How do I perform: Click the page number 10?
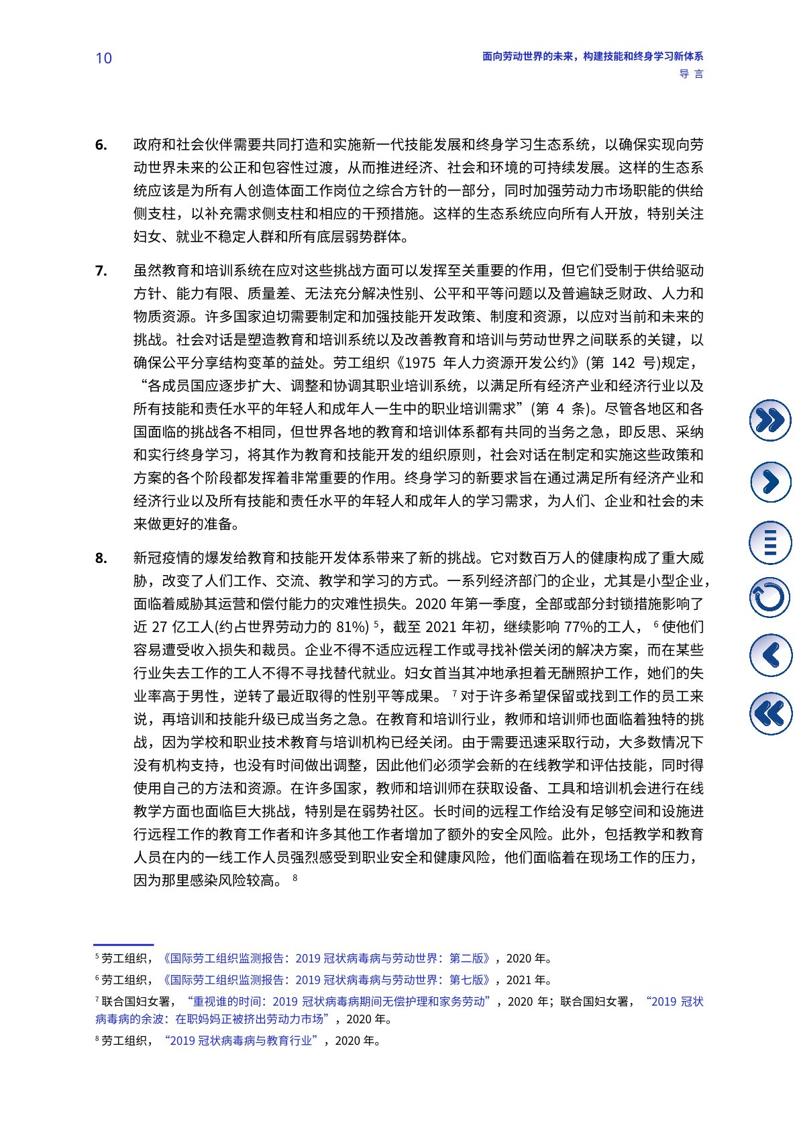coord(103,58)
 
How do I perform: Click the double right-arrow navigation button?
coord(769,420)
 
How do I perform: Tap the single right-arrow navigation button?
coord(769,482)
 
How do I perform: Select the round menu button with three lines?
coord(769,542)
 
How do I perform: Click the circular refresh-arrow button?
coord(769,598)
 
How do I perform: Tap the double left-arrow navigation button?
coord(769,713)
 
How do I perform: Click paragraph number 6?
coord(101,145)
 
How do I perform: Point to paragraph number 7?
coord(101,271)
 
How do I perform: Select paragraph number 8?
coord(101,558)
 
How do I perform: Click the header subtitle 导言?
coord(691,74)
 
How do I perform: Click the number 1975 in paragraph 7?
coord(420,363)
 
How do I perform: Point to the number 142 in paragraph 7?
coord(623,363)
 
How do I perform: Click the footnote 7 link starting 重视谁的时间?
coord(339,1001)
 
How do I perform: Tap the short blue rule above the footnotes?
coord(123,945)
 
